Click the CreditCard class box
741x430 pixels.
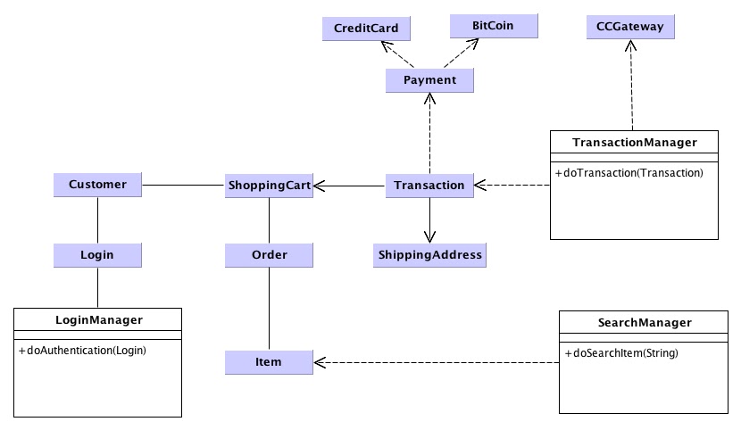366,29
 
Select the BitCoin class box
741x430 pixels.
493,26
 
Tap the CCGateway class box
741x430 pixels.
630,27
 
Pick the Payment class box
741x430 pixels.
429,80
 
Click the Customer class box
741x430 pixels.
97,185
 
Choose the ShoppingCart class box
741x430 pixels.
269,185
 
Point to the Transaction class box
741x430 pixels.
429,185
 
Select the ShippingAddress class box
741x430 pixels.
429,254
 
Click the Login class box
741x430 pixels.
97,254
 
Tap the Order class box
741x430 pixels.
269,254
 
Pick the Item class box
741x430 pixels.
269,361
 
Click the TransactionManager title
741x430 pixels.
634,142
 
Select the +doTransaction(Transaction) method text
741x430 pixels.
629,171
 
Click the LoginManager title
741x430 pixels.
98,318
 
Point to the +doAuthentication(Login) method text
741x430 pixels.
82,350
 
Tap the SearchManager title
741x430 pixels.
643,322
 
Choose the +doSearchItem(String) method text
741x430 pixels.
621,353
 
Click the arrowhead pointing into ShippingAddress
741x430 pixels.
429,236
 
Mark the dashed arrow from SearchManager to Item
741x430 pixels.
437,362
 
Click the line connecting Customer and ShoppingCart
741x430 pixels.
183,186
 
